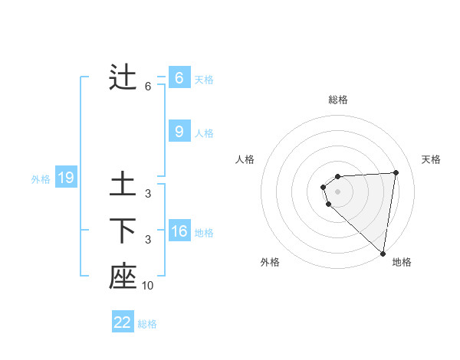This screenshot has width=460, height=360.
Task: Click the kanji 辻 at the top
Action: pyautogui.click(x=123, y=78)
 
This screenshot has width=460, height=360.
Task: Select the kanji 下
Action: pyautogui.click(x=123, y=230)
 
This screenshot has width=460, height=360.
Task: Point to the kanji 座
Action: pyautogui.click(x=123, y=276)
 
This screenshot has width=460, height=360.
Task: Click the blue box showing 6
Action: pyautogui.click(x=179, y=78)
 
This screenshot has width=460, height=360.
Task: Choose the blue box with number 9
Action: pyautogui.click(x=179, y=132)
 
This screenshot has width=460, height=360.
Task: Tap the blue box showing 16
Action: pyautogui.click(x=179, y=231)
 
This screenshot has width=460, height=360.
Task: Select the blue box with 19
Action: pyautogui.click(x=66, y=178)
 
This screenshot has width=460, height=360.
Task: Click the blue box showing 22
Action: pyautogui.click(x=123, y=322)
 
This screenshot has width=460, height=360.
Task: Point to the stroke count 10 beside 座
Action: pyautogui.click(x=148, y=285)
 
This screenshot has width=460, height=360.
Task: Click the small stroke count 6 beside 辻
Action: pyautogui.click(x=148, y=87)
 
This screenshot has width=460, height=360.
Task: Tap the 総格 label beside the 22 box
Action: pyautogui.click(x=147, y=324)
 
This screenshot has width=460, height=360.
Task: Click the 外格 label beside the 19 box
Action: pyautogui.click(x=41, y=179)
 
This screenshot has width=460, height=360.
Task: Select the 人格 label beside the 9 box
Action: pyautogui.click(x=204, y=133)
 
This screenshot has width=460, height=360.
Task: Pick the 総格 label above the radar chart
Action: pyautogui.click(x=337, y=100)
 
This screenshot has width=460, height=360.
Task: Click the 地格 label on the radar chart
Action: pyautogui.click(x=402, y=262)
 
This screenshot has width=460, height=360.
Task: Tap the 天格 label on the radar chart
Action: pyautogui.click(x=431, y=159)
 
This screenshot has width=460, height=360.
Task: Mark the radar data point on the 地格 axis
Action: pyautogui.click(x=383, y=254)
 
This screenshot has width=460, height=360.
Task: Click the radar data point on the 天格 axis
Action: pyautogui.click(x=396, y=172)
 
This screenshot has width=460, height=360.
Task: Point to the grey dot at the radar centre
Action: pyautogui.click(x=337, y=191)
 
